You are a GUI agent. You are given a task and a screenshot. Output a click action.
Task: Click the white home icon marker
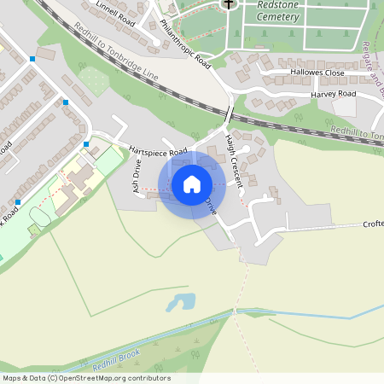pos(192,184)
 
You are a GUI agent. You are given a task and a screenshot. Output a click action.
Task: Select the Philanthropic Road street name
pos(186,45)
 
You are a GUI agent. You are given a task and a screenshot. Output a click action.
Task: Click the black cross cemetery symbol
pos(228,4)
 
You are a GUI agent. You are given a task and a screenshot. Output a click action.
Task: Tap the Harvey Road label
pos(333,94)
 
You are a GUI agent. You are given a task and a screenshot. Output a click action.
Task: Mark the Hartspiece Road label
pos(158,151)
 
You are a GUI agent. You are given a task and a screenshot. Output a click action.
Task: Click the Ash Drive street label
pos(135,174)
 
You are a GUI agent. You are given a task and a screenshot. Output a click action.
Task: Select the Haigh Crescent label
pos(235,160)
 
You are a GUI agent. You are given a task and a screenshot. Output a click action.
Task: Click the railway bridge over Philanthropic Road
pos(230,113)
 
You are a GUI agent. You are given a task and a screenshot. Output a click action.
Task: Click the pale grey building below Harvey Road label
pos(344,107)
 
